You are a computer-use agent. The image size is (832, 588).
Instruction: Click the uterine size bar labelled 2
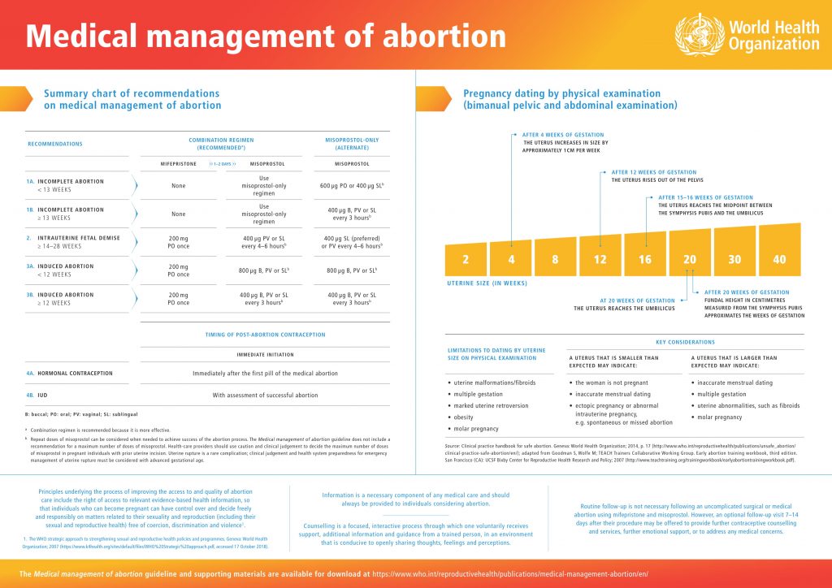coord(466,260)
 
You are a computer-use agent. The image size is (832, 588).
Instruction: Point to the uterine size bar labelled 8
coord(555,258)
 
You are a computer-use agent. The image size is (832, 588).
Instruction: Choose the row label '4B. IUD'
coord(37,396)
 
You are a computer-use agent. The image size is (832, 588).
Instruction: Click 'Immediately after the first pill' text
coord(265,373)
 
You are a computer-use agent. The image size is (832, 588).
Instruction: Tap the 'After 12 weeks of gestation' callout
coord(653,172)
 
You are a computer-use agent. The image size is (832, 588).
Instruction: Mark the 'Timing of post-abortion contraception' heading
coord(265,335)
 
